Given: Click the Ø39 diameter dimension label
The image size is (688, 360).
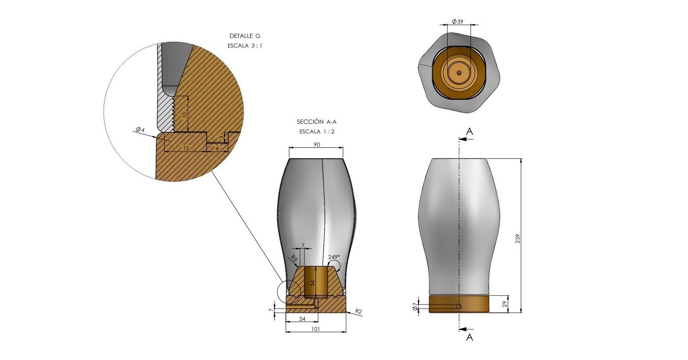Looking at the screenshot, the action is point(457,21).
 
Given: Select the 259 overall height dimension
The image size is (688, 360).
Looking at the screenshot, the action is point(518,239).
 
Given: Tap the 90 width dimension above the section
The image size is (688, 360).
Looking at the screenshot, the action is point(317,144).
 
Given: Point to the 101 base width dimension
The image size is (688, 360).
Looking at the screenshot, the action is point(315,329).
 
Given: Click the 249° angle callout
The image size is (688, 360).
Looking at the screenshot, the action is point(334,257).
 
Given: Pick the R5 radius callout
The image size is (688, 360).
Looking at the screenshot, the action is point(294,259).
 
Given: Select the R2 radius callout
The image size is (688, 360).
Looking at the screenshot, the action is point(358,312).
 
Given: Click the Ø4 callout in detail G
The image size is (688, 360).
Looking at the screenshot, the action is point(140,130).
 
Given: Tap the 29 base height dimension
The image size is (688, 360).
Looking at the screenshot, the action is point(504,304).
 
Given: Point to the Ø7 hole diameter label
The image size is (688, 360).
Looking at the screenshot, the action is point(415,306).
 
